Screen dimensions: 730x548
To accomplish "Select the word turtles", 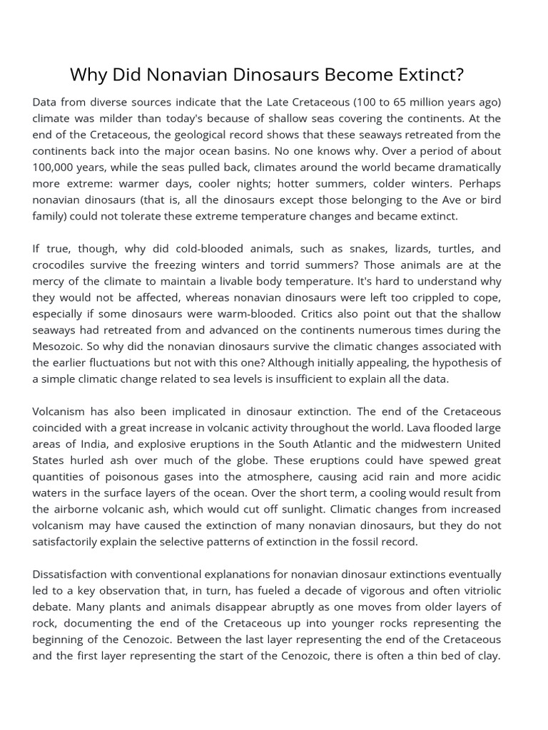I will pyautogui.click(x=441, y=249).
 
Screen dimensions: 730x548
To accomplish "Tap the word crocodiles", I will pyautogui.click(x=60, y=265).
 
